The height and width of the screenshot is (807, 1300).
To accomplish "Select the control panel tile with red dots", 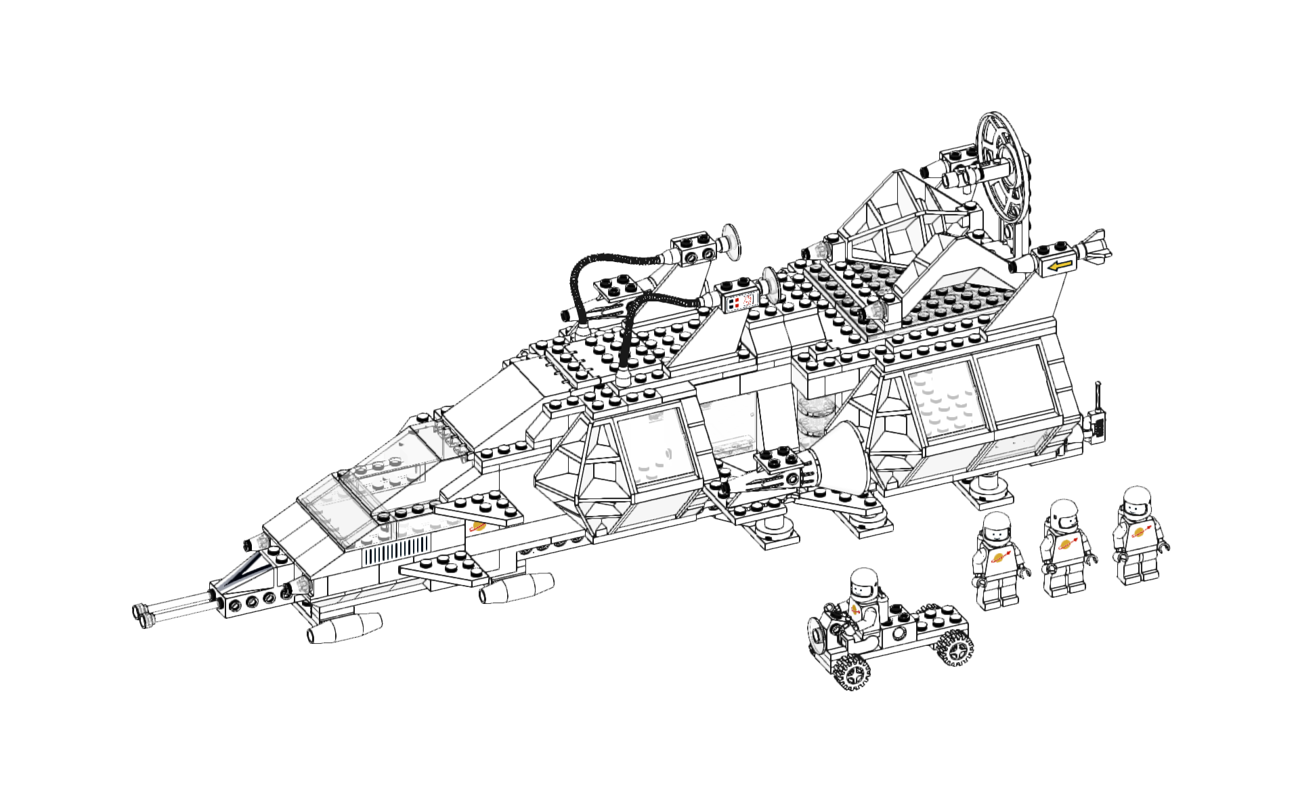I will (739, 302).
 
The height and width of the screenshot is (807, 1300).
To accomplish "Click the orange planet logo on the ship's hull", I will (478, 527).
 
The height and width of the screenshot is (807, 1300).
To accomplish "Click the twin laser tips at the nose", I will (143, 613).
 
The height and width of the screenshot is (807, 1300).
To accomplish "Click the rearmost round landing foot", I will (988, 489).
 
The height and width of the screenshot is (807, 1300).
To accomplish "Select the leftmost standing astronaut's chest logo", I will (1001, 557).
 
